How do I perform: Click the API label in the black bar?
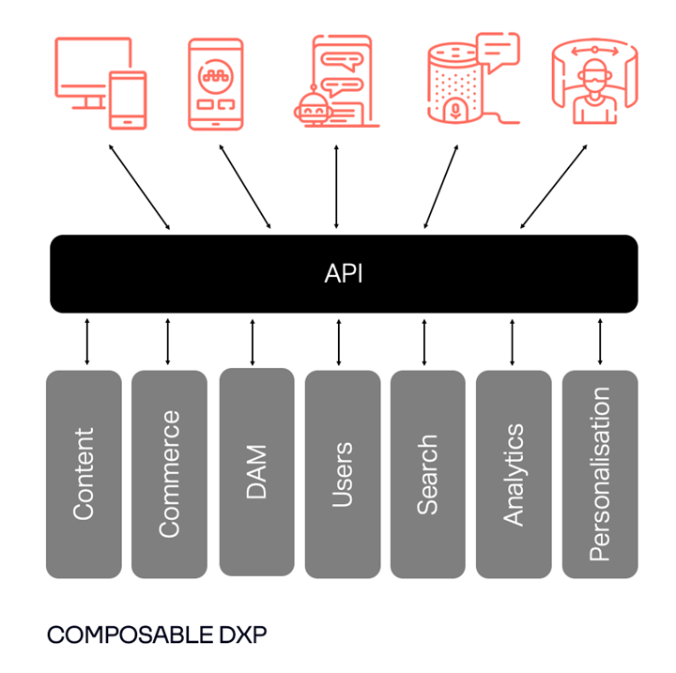(344, 274)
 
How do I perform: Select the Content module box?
(84, 474)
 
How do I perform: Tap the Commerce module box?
(169, 474)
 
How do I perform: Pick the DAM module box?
(256, 472)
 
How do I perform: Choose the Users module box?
(343, 474)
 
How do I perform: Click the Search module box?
(427, 474)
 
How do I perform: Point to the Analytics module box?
(513, 474)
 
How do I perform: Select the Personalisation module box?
(599, 474)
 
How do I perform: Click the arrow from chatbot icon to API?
(336, 186)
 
